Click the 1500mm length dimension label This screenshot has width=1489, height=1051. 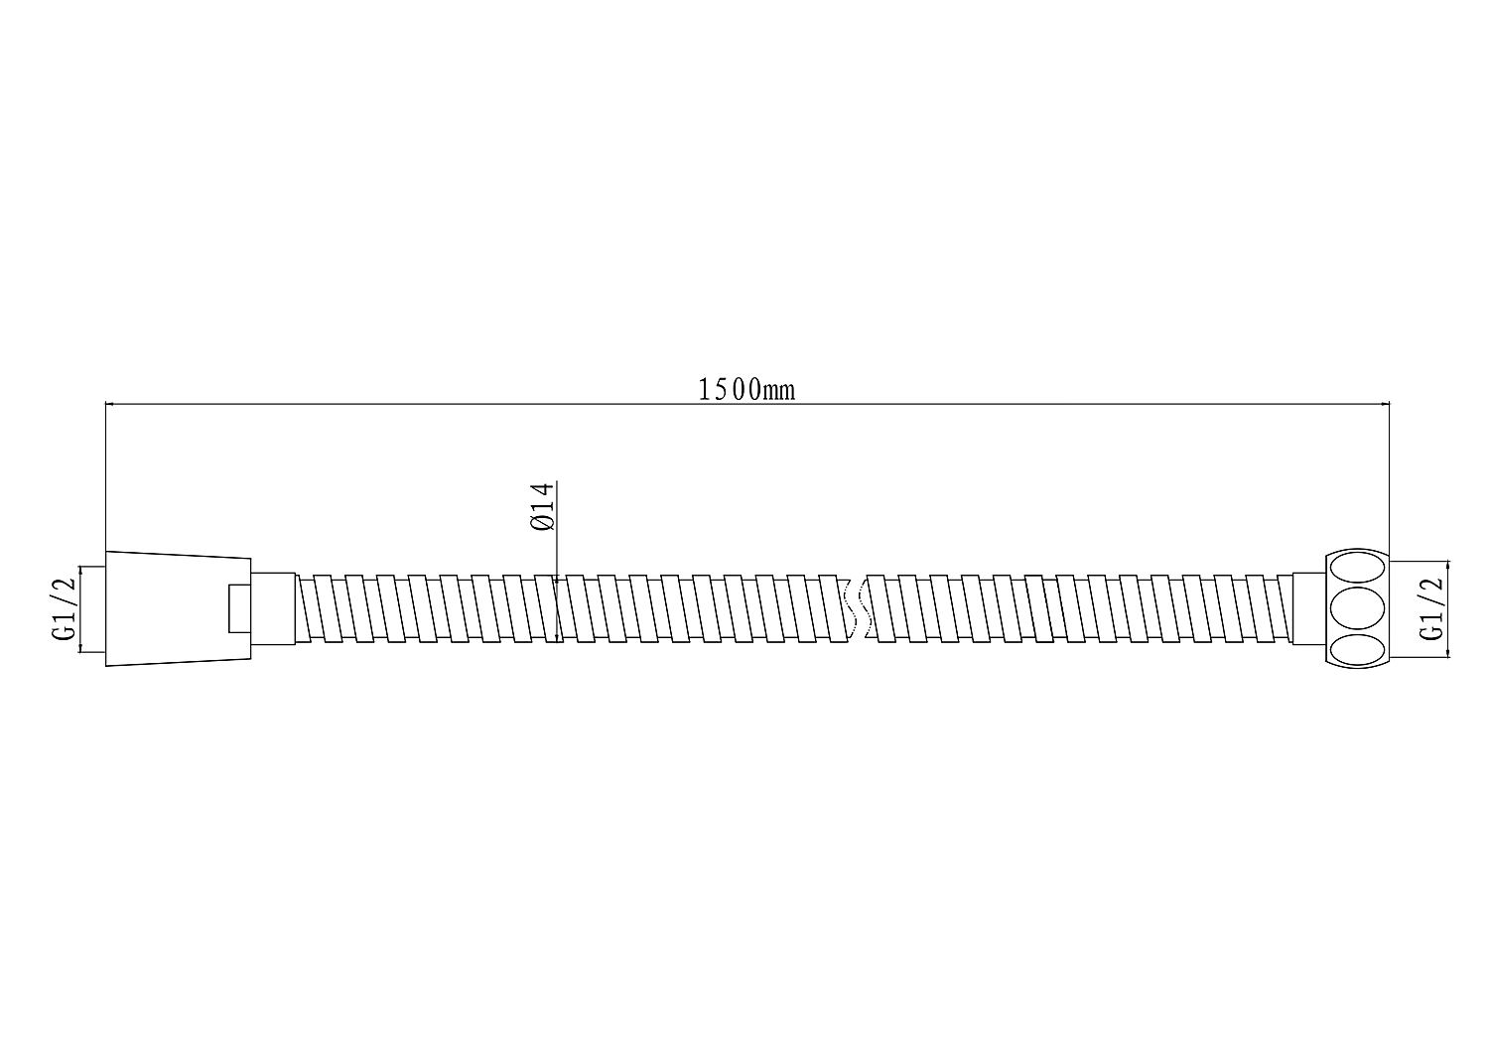click(x=746, y=389)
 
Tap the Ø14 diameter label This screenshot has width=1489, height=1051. click(x=542, y=506)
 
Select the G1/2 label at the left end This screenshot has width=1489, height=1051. click(x=65, y=609)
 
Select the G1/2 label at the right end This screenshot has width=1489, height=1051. click(x=1431, y=609)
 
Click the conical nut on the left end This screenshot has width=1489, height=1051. click(x=178, y=608)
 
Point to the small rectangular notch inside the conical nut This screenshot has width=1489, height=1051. click(x=240, y=608)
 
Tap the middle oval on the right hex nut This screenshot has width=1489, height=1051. click(x=1357, y=608)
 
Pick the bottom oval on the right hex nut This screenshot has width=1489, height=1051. click(x=1357, y=649)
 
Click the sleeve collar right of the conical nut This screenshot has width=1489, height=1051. click(x=273, y=608)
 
